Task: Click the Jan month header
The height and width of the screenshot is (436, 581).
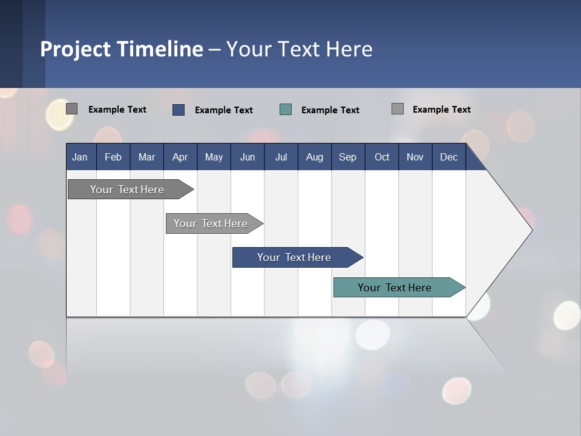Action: click(80, 157)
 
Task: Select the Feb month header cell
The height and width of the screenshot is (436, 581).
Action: click(113, 157)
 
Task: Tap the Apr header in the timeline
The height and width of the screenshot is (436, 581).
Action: click(180, 157)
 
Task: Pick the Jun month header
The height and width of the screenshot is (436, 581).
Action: click(248, 157)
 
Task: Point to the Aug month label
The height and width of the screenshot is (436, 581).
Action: click(314, 157)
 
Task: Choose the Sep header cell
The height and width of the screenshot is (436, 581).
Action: click(347, 157)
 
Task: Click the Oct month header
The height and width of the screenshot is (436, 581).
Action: click(382, 157)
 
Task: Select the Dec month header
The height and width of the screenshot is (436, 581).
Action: click(448, 157)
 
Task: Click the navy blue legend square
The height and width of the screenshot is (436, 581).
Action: click(178, 110)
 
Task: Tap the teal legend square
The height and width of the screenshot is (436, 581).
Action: click(286, 110)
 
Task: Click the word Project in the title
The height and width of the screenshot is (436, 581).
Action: click(76, 49)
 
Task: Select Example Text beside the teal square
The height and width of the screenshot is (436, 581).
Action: click(330, 110)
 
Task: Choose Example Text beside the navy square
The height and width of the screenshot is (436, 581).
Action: click(223, 110)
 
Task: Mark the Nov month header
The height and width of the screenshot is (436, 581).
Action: click(415, 157)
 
